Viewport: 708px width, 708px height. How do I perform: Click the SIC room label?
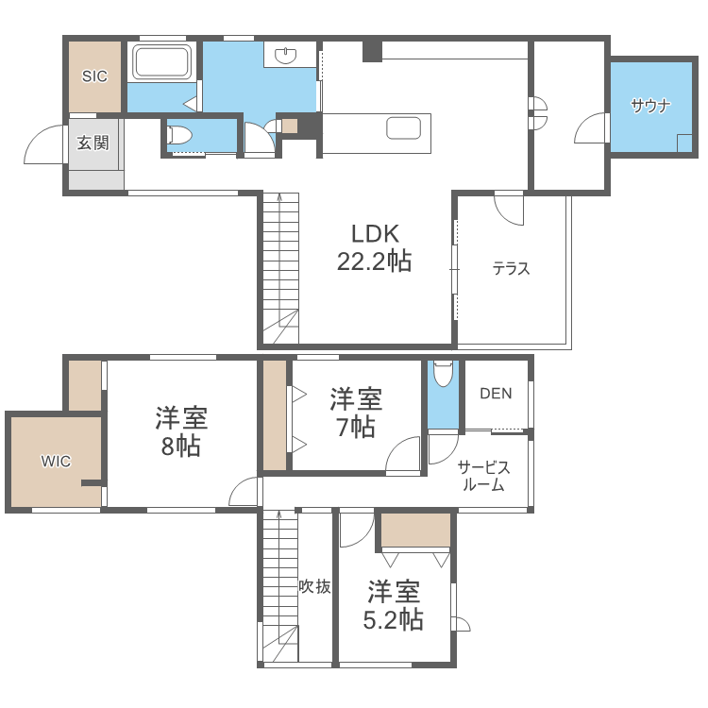(x=94, y=76)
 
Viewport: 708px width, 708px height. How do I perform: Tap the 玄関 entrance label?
(x=93, y=143)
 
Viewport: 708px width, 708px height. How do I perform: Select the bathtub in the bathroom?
(x=162, y=62)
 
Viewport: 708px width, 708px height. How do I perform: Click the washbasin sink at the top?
(x=287, y=56)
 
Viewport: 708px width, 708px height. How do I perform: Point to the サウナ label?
(x=650, y=106)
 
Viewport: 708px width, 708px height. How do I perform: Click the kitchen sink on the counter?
(x=403, y=128)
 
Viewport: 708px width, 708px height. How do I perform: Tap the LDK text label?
(x=376, y=234)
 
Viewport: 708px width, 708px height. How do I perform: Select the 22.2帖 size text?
(x=375, y=261)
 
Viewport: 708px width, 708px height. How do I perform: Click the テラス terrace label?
(x=511, y=269)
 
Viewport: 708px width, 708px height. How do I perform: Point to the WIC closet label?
(x=56, y=462)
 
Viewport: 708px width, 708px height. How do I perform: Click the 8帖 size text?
(x=180, y=446)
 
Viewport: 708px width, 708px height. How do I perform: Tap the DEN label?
(x=496, y=394)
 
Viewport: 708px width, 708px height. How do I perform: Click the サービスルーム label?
(x=483, y=477)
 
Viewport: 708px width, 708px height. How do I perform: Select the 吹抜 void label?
(x=315, y=586)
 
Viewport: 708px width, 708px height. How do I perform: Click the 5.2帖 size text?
(x=394, y=619)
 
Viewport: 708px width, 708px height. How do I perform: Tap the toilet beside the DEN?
(x=442, y=374)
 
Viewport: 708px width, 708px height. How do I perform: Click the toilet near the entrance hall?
(x=180, y=135)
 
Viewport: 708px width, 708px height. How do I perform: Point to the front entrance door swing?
(x=42, y=144)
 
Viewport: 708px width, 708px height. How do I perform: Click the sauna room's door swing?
(x=592, y=128)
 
